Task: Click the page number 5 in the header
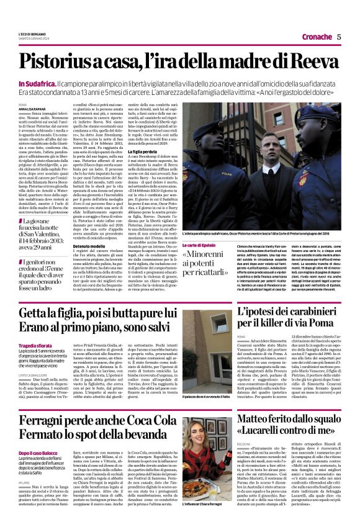point(339,37)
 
